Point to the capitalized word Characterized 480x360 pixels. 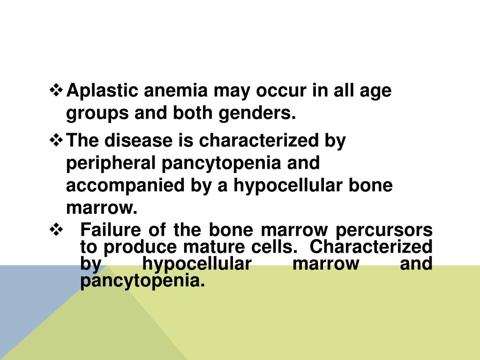(x=371, y=247)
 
